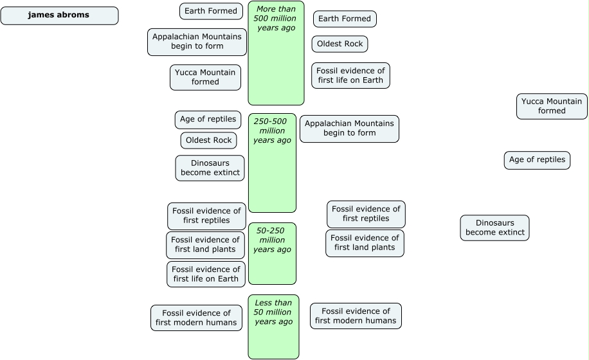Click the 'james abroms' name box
(59, 15)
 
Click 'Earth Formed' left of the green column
(211, 11)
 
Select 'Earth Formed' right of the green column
(345, 19)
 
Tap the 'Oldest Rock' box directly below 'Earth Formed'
(340, 44)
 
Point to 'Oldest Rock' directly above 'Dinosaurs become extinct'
(209, 140)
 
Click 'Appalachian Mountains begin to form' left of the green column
(197, 42)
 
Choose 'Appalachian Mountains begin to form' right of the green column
(349, 129)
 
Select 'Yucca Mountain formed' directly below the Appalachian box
(206, 77)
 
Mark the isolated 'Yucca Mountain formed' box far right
(552, 106)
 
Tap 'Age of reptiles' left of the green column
(208, 120)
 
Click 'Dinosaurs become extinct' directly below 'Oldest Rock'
(210, 168)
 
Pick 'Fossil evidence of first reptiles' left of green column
(206, 215)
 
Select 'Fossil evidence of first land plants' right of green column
(365, 243)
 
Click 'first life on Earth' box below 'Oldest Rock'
(350, 75)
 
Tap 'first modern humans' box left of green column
(195, 318)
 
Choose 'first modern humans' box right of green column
(356, 316)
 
